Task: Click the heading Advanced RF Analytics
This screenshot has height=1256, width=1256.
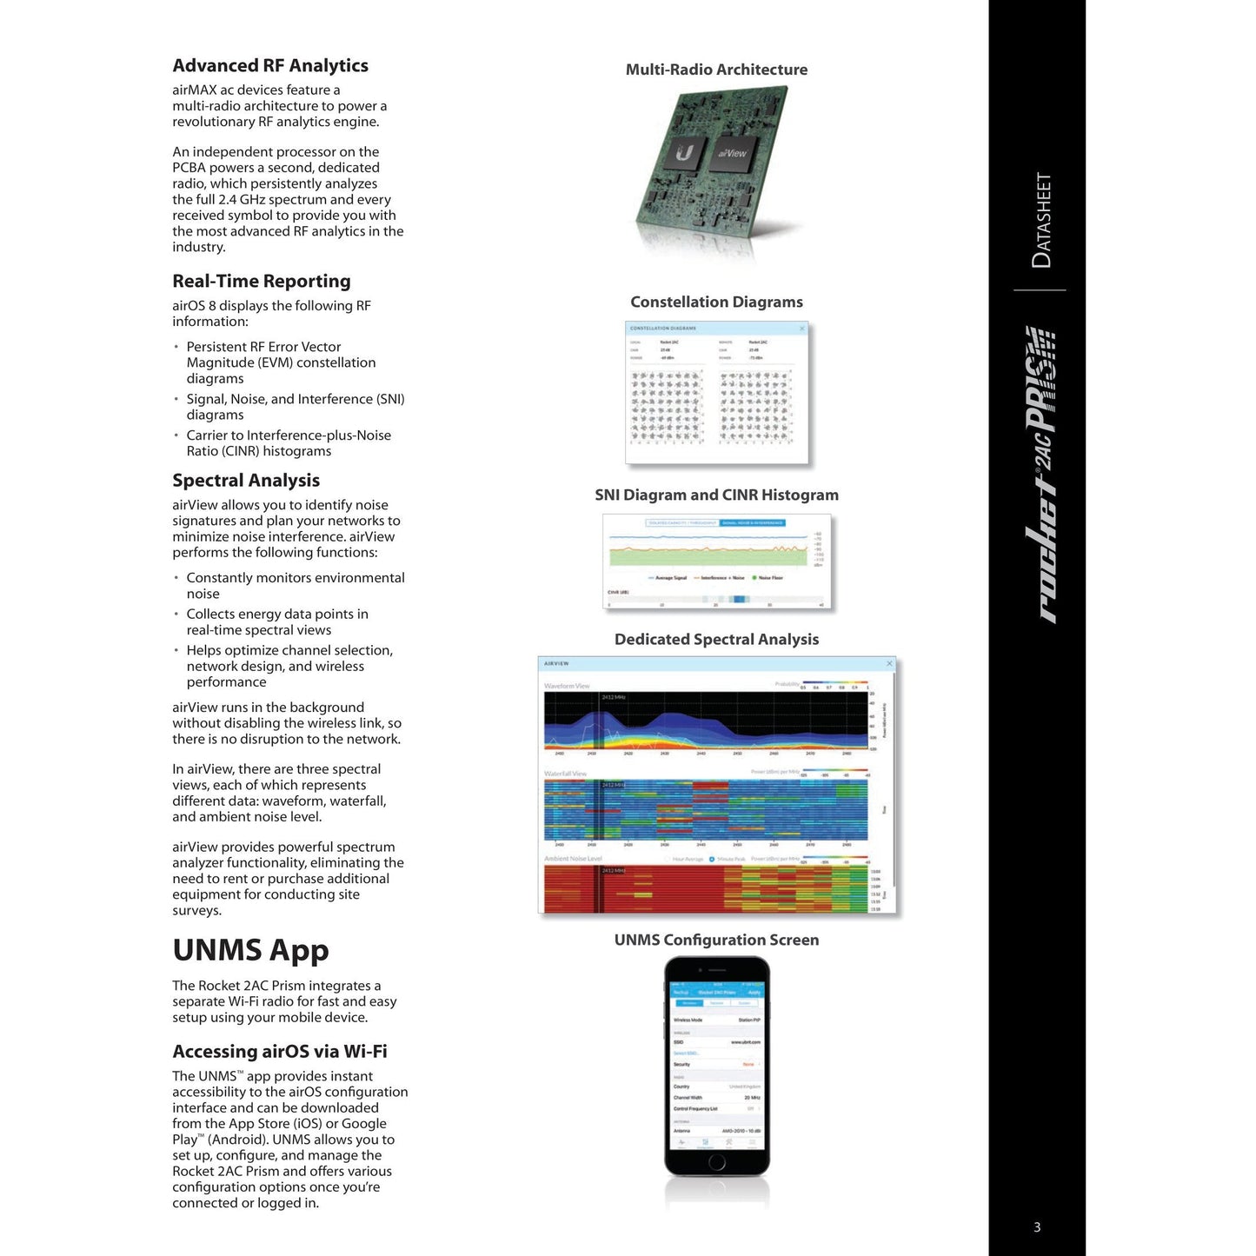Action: point(270,66)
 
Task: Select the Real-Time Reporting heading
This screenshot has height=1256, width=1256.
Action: point(262,282)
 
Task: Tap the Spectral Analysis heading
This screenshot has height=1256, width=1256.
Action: point(246,481)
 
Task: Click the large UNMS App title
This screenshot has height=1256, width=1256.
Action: point(250,950)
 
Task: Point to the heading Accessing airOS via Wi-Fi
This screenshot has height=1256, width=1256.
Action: point(280,1052)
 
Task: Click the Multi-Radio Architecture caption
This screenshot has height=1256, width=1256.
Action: point(716,70)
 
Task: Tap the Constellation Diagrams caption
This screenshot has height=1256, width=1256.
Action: point(716,302)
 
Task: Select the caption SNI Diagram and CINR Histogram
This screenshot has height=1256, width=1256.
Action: point(716,495)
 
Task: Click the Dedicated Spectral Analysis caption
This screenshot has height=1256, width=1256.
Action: point(716,640)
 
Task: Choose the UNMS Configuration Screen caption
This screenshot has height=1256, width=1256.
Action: point(716,940)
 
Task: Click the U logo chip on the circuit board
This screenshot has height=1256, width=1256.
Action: point(685,155)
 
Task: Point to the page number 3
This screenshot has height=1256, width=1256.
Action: point(1037,1227)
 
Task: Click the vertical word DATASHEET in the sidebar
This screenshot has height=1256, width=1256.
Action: point(1041,221)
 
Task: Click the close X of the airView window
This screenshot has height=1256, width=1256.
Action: point(889,664)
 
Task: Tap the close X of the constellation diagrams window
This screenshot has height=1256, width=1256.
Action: point(801,329)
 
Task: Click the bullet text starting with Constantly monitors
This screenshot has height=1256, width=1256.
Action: point(296,586)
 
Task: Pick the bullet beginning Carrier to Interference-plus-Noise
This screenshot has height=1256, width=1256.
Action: point(289,443)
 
